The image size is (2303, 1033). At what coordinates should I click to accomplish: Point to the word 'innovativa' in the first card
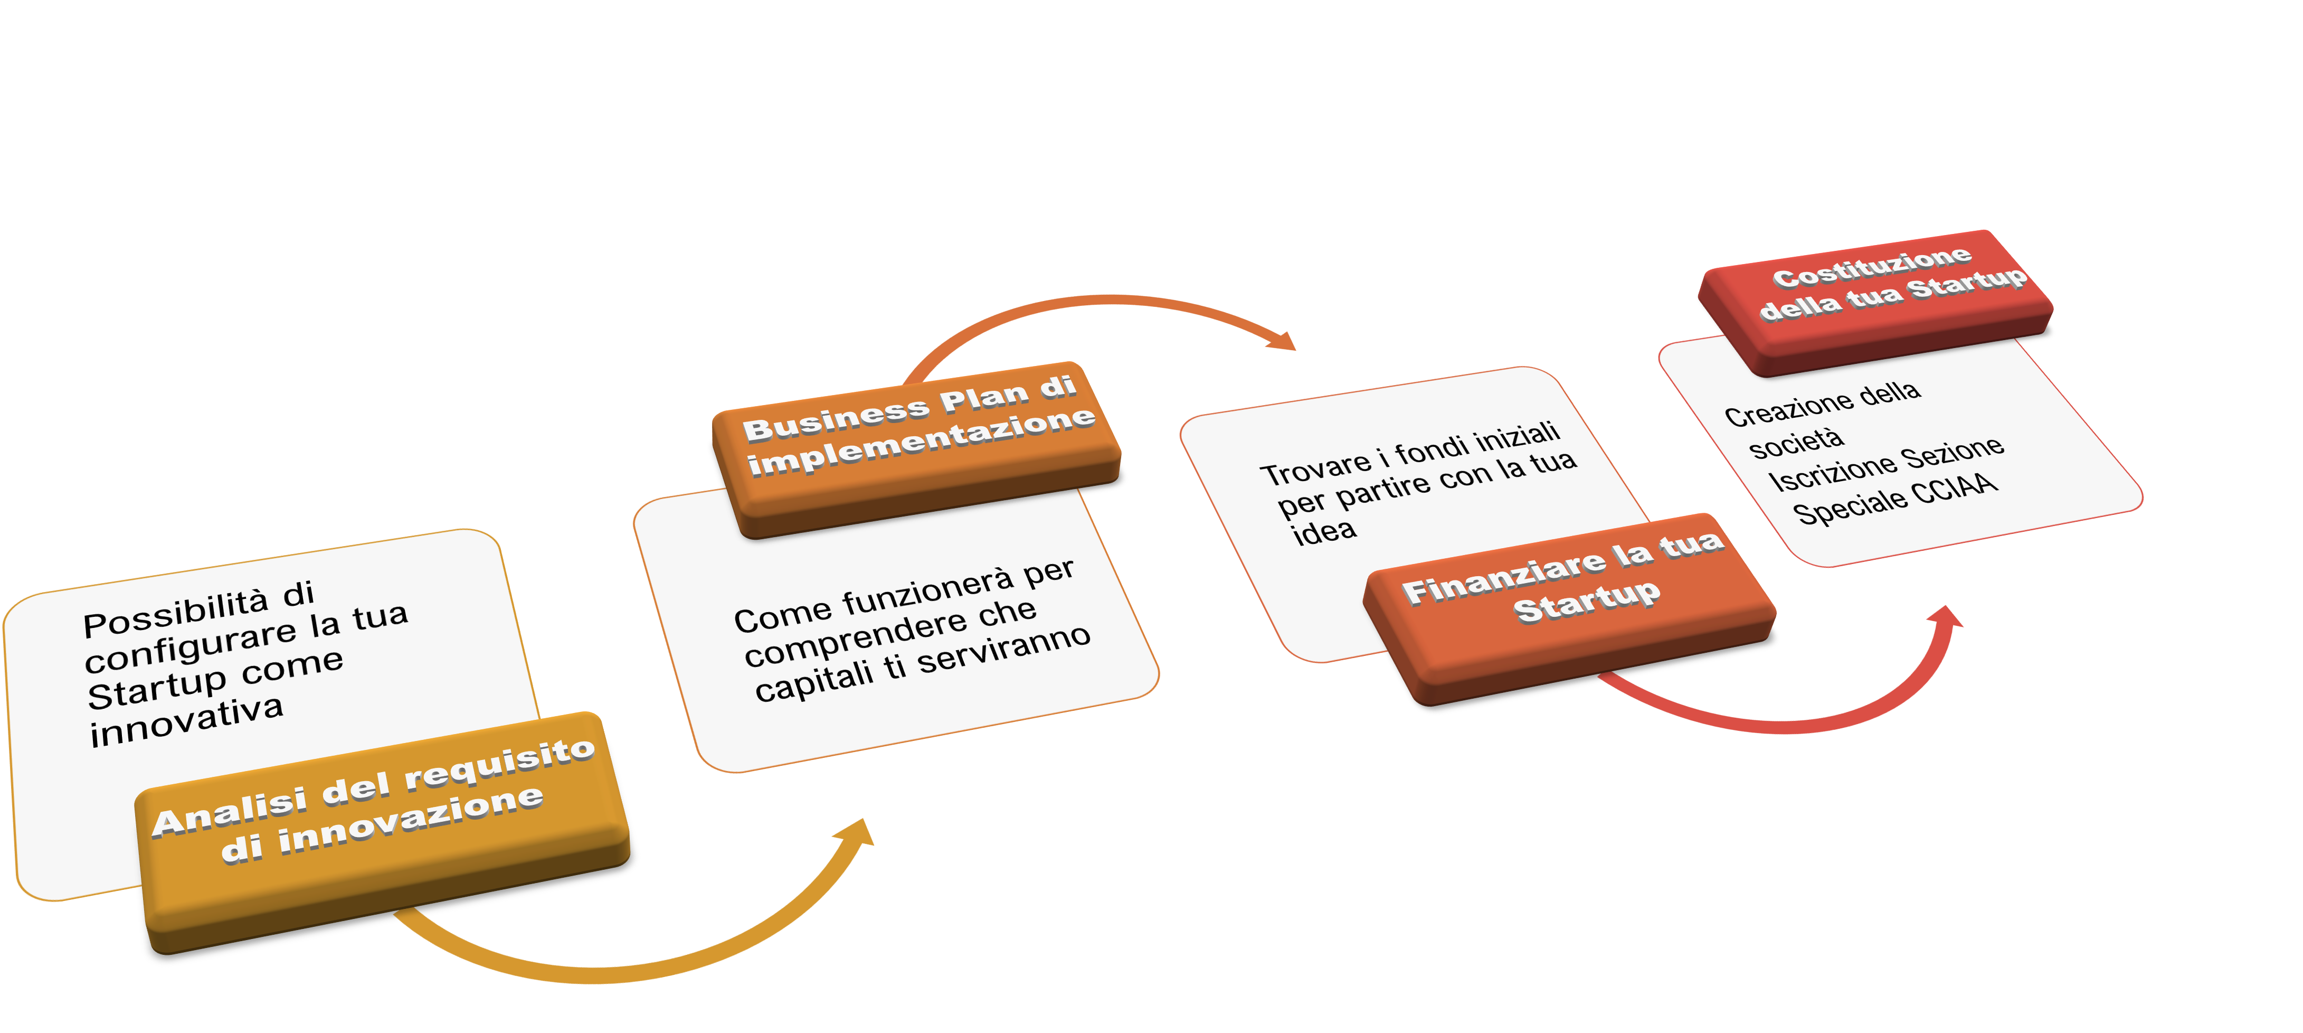[186, 722]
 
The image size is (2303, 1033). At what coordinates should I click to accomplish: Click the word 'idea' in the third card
[1324, 533]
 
